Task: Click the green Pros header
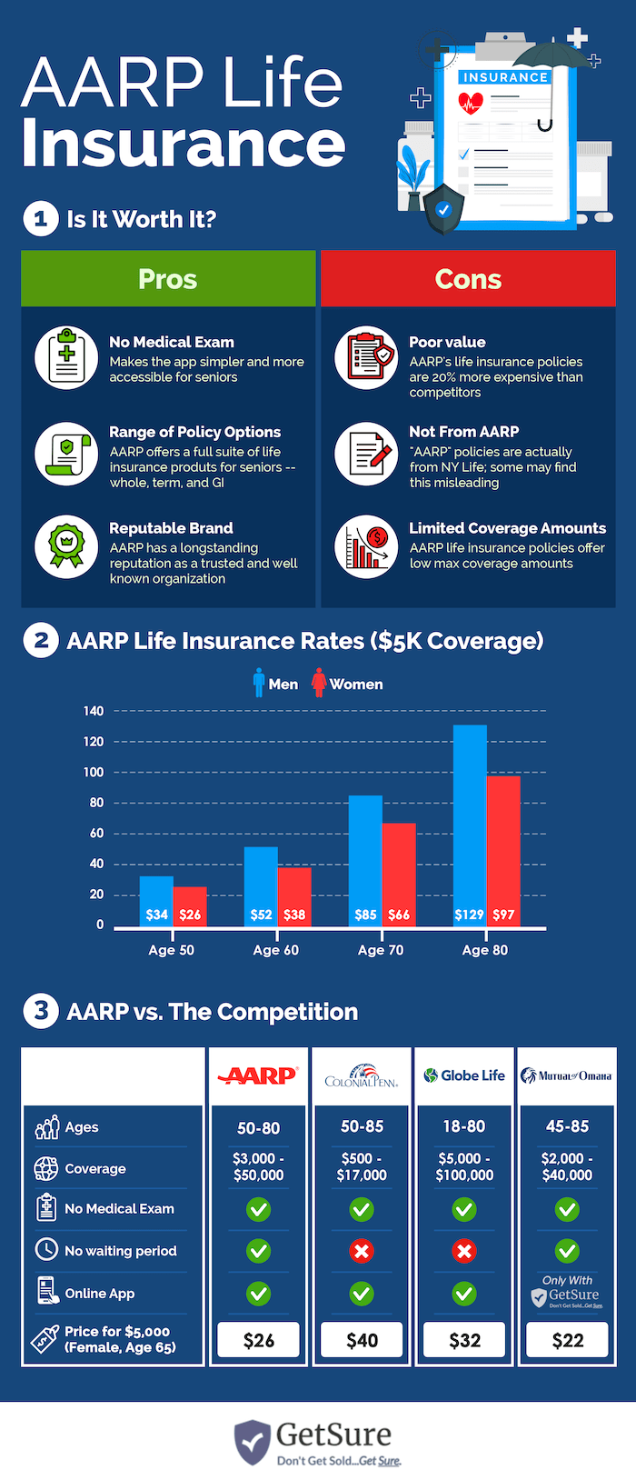tap(168, 279)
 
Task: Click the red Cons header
tap(468, 279)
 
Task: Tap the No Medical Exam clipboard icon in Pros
tap(66, 358)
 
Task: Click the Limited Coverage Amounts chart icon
tap(366, 546)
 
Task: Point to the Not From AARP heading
tap(463, 432)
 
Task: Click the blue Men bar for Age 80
tap(470, 818)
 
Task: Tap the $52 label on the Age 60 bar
tap(261, 915)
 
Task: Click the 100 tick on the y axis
tap(94, 772)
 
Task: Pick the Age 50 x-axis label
tap(171, 950)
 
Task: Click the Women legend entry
tap(347, 684)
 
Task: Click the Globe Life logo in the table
tap(464, 1075)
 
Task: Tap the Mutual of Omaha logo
tap(566, 1075)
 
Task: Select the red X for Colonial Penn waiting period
tap(362, 1252)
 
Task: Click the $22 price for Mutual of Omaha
tap(567, 1340)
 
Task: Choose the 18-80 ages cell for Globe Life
tap(464, 1126)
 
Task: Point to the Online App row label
tap(99, 1293)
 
